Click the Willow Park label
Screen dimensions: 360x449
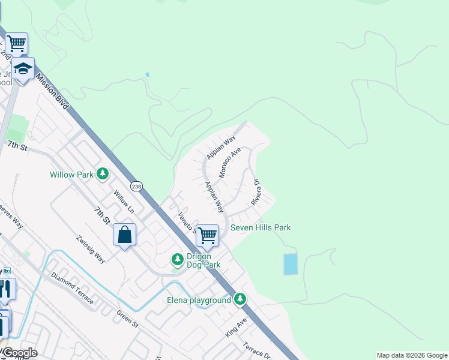pos(71,175)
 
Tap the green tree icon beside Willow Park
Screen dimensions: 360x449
pos(103,174)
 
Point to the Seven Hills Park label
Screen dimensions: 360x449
pos(261,228)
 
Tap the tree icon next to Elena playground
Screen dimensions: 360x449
pos(240,298)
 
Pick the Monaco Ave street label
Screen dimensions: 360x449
pos(229,162)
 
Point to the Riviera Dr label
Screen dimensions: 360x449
pos(255,192)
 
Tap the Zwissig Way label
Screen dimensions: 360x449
pos(91,249)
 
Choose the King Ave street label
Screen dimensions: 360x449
pos(236,328)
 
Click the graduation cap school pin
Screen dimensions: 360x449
pos(23,69)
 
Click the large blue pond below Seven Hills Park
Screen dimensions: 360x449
pos(290,264)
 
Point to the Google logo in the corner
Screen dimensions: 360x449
pos(20,353)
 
